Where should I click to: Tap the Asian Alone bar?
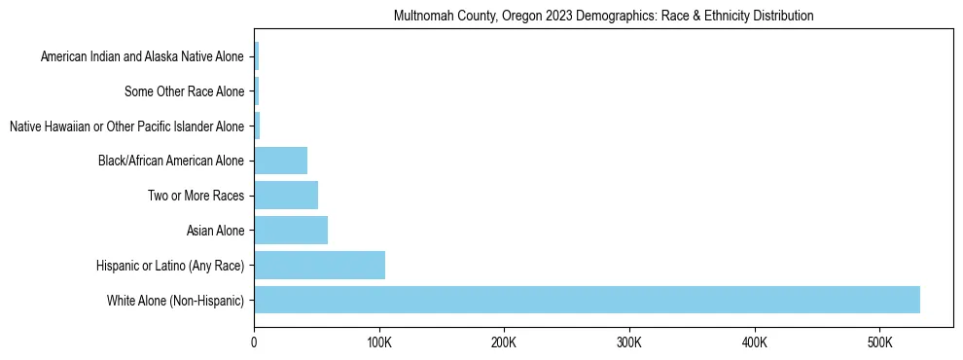pyautogui.click(x=291, y=231)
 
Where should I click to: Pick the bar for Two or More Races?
pyautogui.click(x=286, y=196)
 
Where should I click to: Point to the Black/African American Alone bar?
pyautogui.click(x=280, y=161)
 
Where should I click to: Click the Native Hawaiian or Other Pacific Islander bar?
pyautogui.click(x=257, y=126)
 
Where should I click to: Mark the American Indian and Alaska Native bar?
pyautogui.click(x=256, y=57)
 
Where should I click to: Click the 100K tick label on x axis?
pyautogui.click(x=379, y=342)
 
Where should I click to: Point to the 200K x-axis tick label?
pyautogui.click(x=504, y=342)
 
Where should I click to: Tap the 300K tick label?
pyautogui.click(x=629, y=342)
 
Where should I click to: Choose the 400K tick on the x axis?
pyautogui.click(x=754, y=342)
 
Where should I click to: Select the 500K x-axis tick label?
pyautogui.click(x=879, y=342)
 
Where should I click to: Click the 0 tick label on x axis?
pyautogui.click(x=254, y=342)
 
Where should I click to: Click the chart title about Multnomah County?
pyautogui.click(x=603, y=17)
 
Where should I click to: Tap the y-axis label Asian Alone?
pyautogui.click(x=216, y=231)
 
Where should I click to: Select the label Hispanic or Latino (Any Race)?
pyautogui.click(x=170, y=266)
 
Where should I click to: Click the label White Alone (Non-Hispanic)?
pyautogui.click(x=176, y=300)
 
